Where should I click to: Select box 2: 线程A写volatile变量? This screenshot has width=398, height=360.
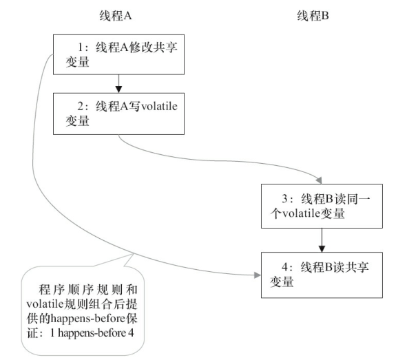coord(120,114)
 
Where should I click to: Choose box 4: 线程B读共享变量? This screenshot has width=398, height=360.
coord(322,274)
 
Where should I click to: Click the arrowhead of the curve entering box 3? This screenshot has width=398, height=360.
coord(319,178)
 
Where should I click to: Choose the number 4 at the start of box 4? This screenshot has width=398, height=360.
coord(285,267)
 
